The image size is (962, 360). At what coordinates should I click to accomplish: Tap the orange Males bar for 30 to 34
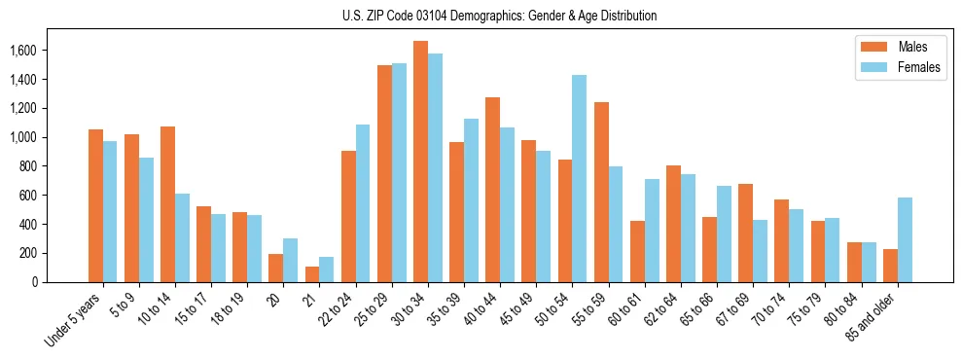point(420,162)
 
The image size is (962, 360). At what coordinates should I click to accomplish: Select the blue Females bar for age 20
point(291,260)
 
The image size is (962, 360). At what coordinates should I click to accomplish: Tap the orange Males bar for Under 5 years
point(95,205)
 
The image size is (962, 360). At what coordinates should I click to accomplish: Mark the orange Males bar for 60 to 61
point(637,251)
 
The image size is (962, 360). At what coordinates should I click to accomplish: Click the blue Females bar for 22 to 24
point(363,203)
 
